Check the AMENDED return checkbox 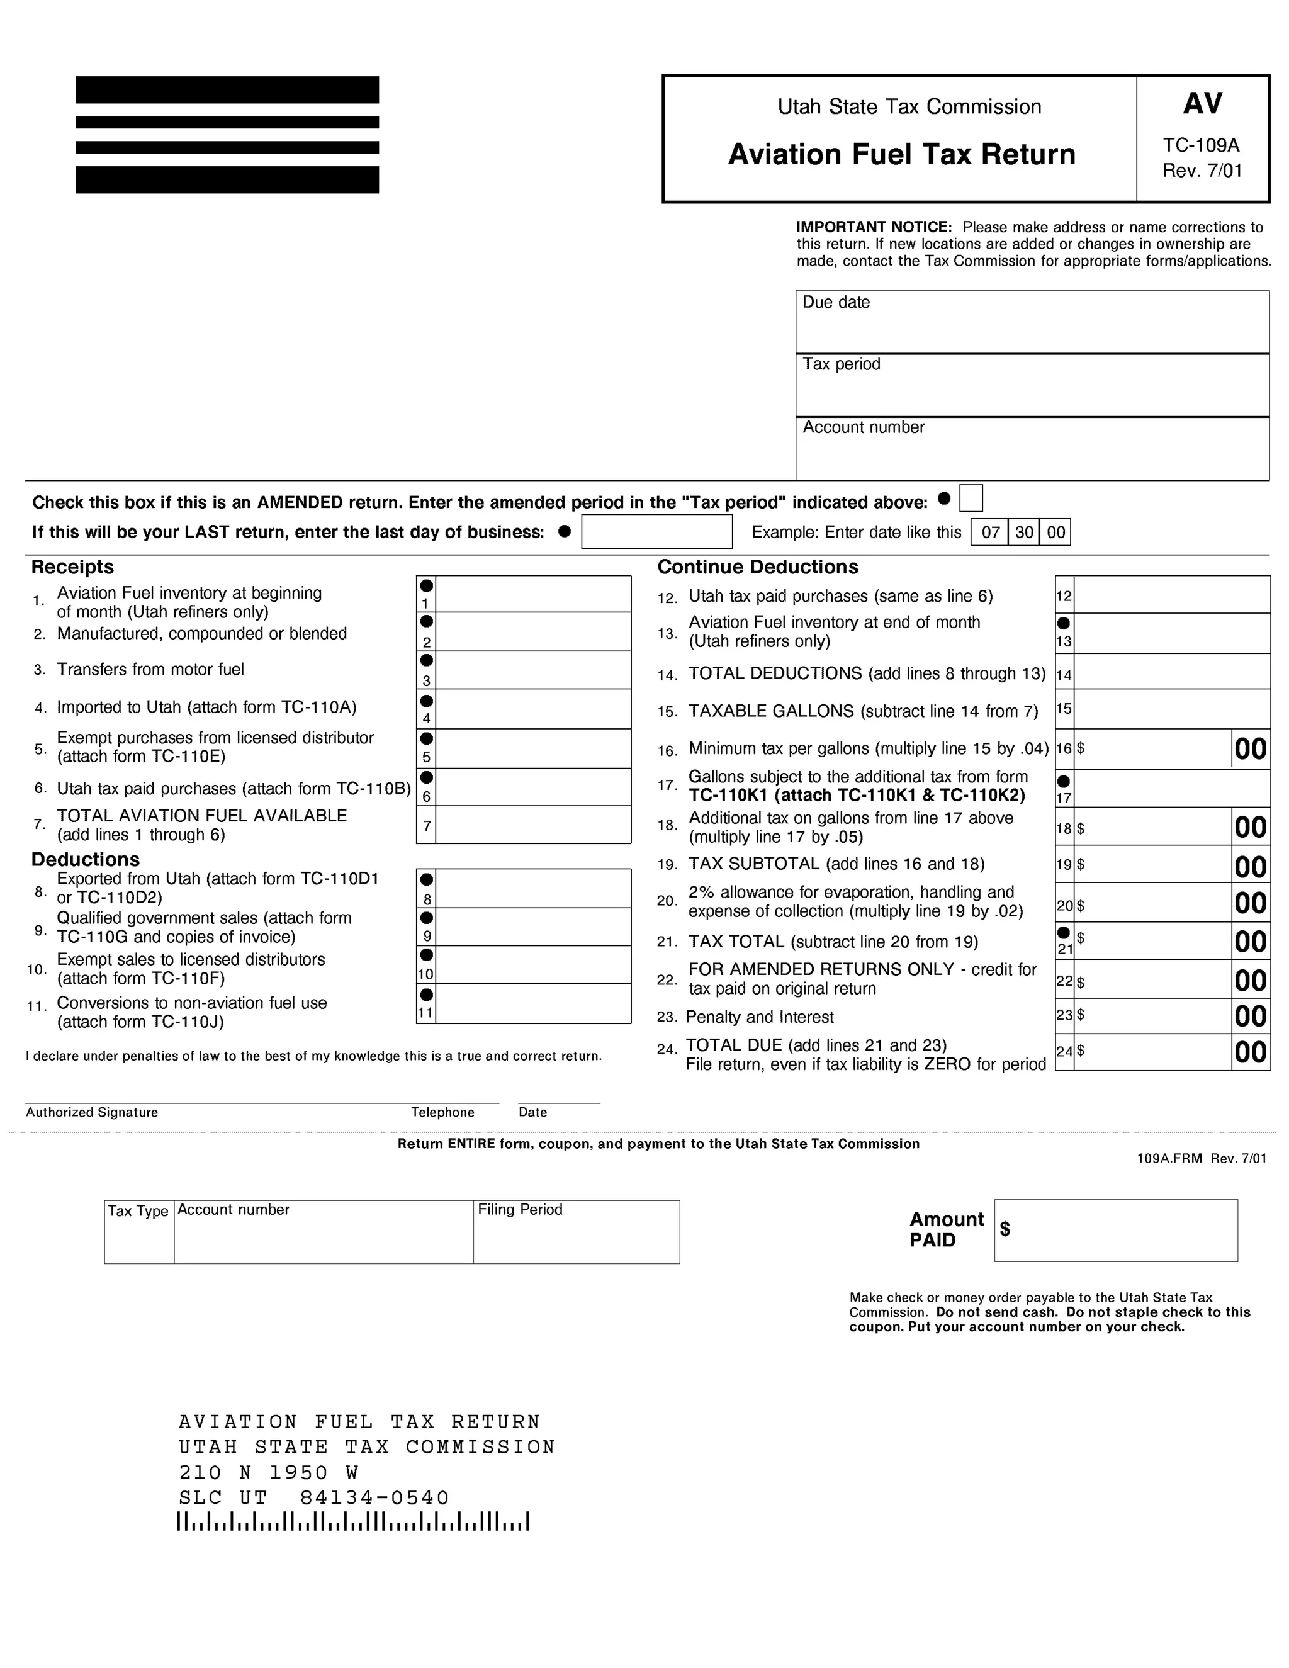coord(971,498)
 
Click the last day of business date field coord(656,532)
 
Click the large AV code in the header coord(1203,104)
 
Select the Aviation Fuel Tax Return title coord(901,154)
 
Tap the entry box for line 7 coord(533,825)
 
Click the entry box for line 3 coord(533,670)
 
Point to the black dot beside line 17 coord(1064,781)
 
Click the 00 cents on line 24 coord(1251,1052)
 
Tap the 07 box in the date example coord(991,533)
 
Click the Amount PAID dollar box coord(1116,1231)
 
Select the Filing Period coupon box coord(576,1232)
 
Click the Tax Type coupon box coord(139,1232)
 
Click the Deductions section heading coord(86,859)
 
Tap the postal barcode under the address coord(353,1521)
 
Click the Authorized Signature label coord(92,1112)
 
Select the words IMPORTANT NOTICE coord(874,227)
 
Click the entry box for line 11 coord(533,1003)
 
